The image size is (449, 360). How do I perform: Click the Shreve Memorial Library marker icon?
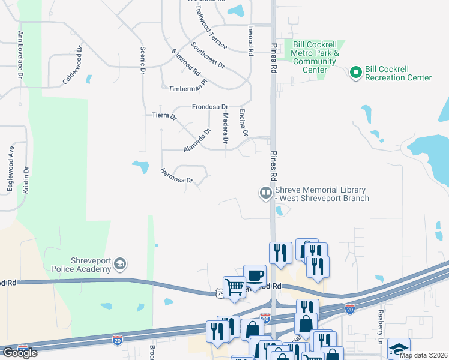pyautogui.click(x=265, y=193)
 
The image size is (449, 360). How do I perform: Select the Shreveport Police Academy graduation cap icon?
pyautogui.click(x=120, y=264)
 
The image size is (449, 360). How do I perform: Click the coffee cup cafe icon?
pyautogui.click(x=255, y=275)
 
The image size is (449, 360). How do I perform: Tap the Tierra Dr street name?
pyautogui.click(x=165, y=115)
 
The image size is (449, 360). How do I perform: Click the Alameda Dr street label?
pyautogui.click(x=198, y=140)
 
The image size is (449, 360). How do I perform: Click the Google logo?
pyautogui.click(x=20, y=353)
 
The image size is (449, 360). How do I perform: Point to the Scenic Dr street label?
pyautogui.click(x=143, y=61)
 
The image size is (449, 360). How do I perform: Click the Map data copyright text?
pyautogui.click(x=423, y=355)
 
